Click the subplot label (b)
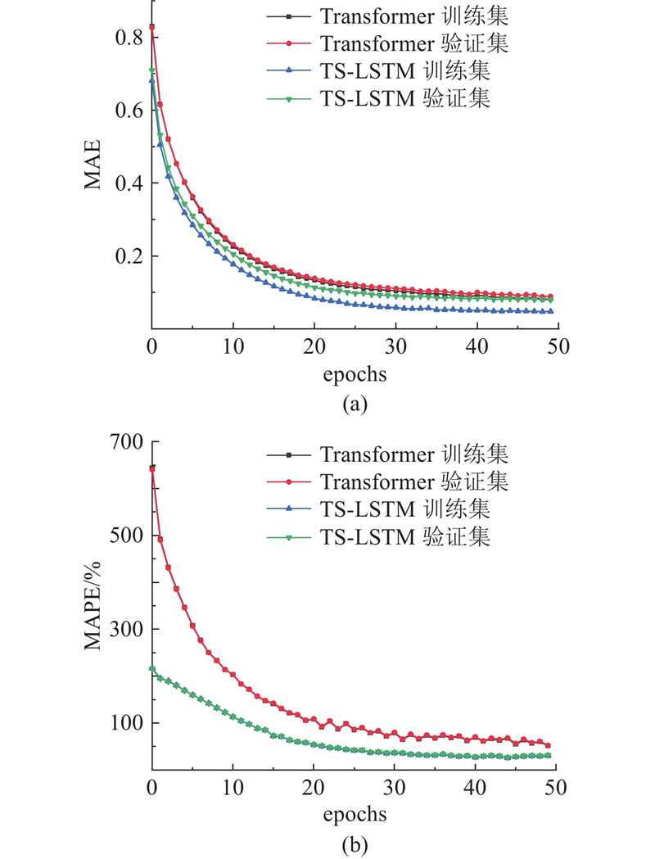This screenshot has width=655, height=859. pos(354,843)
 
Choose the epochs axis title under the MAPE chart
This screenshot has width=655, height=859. pos(354,815)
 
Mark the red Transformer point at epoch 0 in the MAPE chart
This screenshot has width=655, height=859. pos(152,469)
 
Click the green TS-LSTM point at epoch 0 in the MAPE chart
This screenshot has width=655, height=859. pos(152,669)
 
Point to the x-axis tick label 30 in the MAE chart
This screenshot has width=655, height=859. pos(395,346)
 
